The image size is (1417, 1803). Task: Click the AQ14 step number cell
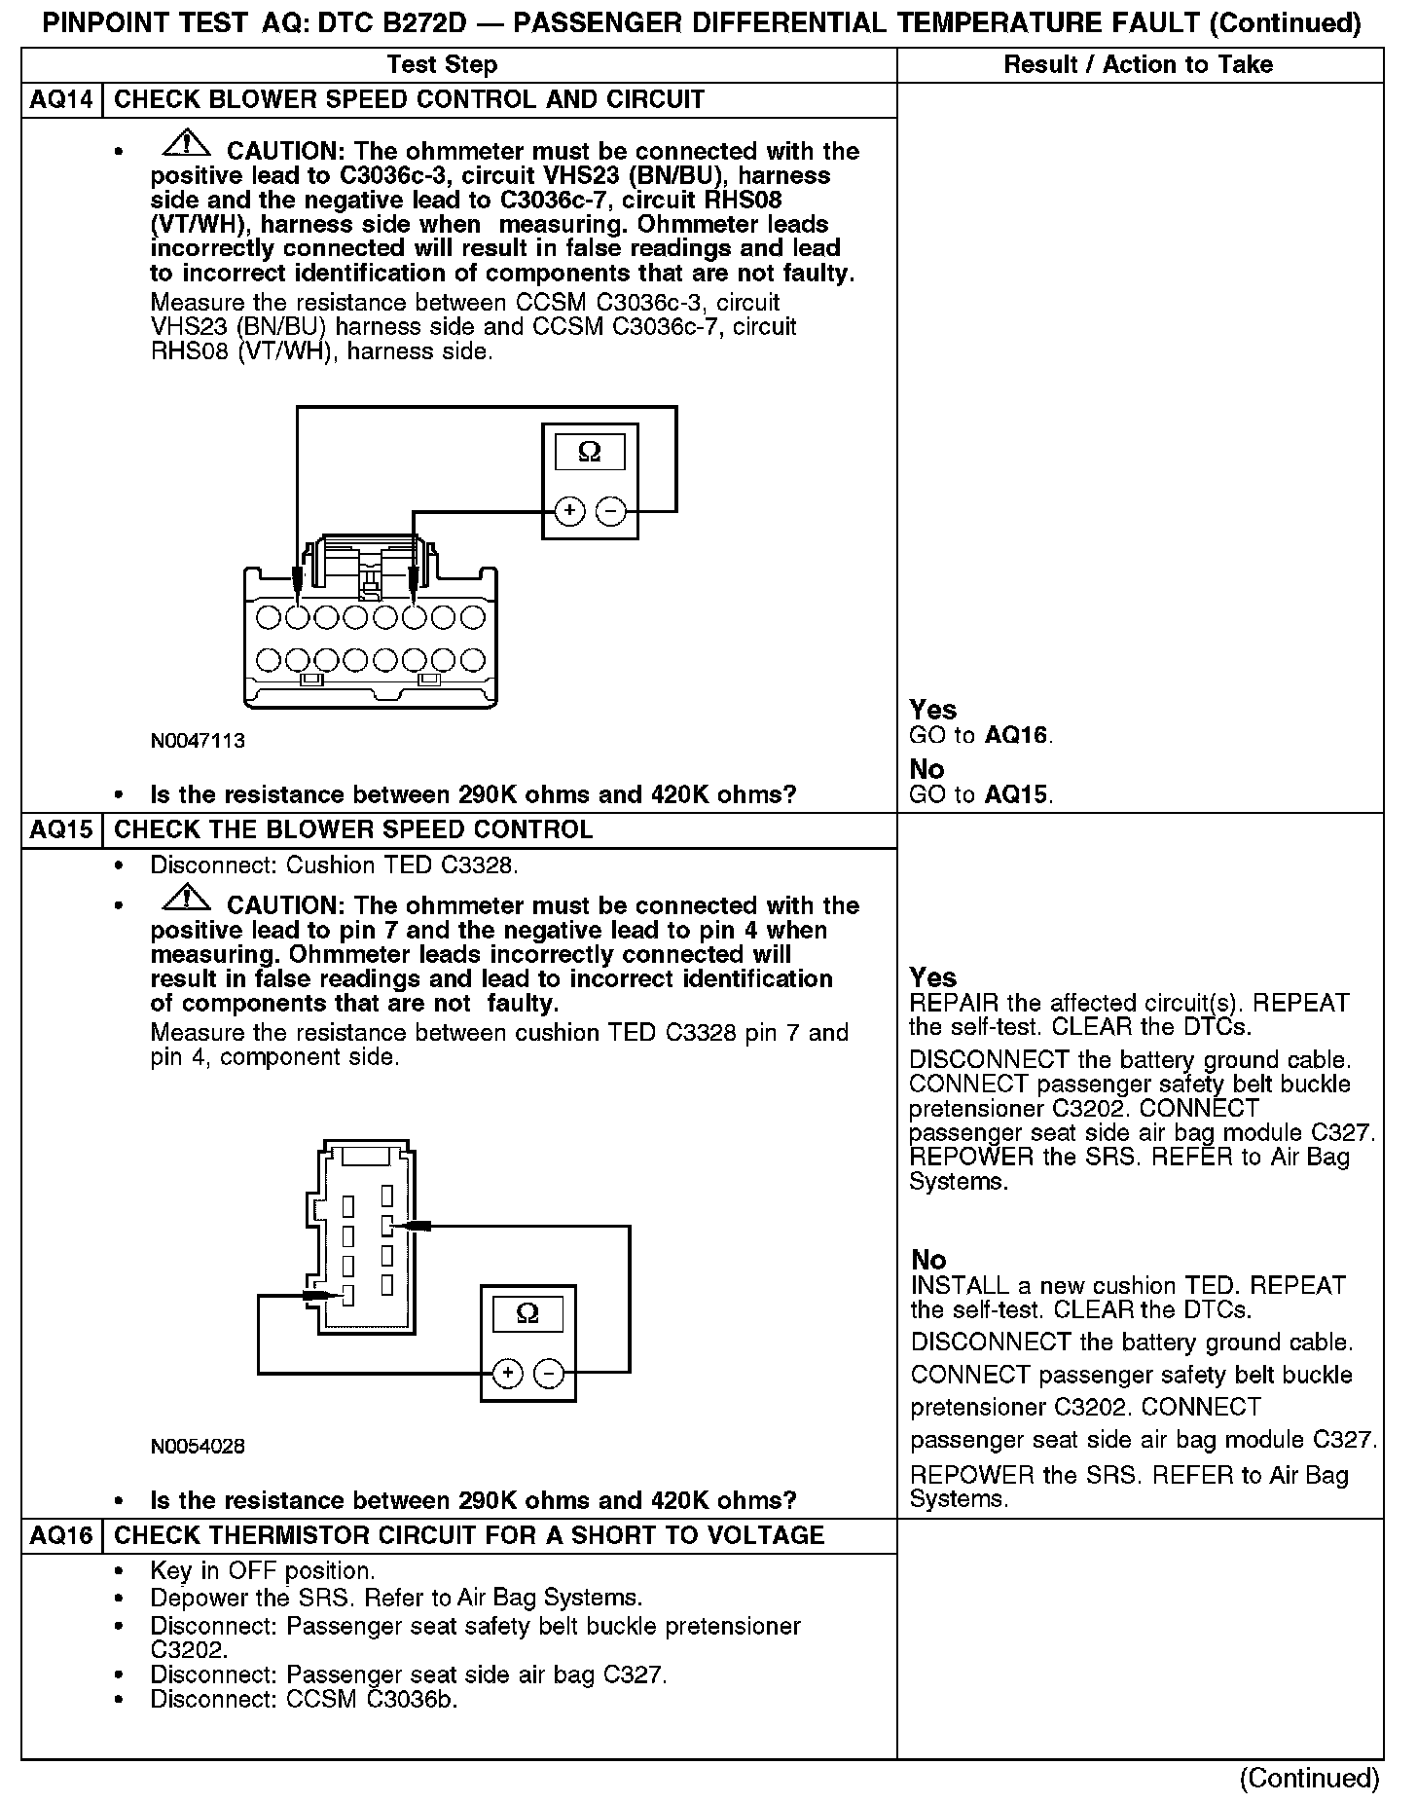click(x=61, y=99)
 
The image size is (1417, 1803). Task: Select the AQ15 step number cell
click(x=61, y=829)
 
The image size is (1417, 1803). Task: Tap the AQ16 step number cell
click(x=61, y=1535)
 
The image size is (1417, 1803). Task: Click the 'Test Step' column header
click(x=442, y=65)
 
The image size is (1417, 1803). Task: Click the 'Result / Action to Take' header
click(x=1138, y=65)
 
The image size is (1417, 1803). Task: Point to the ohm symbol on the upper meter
click(x=590, y=453)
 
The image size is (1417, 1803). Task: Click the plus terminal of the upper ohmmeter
click(x=569, y=511)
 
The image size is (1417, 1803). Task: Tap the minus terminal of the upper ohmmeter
click(x=610, y=511)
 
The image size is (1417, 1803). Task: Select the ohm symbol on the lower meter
click(x=527, y=1314)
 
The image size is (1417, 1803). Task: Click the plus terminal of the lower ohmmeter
click(x=507, y=1374)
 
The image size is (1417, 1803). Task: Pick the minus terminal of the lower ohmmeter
click(x=549, y=1374)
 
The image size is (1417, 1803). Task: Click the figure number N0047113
click(x=198, y=741)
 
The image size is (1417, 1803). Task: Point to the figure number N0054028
click(x=198, y=1447)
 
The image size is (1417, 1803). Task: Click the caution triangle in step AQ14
click(x=187, y=145)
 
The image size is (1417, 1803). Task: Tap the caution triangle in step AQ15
click(x=187, y=900)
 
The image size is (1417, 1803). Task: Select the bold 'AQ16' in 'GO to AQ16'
click(x=1016, y=735)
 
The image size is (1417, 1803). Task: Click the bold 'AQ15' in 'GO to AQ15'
click(x=1016, y=794)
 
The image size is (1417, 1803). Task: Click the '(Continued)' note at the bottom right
click(x=1309, y=1779)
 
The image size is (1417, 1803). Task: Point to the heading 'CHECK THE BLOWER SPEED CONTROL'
click(x=353, y=829)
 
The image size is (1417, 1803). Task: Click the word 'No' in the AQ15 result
click(x=928, y=1259)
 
